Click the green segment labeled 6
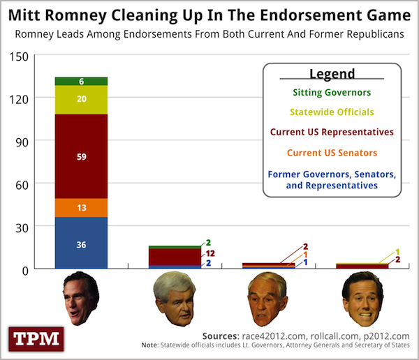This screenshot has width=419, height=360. point(81,81)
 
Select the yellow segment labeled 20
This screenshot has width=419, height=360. point(81,100)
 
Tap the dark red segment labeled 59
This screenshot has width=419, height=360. point(81,156)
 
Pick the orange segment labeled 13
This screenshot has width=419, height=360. point(81,208)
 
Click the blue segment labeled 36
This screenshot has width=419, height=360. point(81,243)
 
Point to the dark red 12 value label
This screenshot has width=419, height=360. point(210,253)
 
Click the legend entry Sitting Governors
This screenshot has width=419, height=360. point(332,92)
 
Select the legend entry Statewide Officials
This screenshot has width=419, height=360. point(332,112)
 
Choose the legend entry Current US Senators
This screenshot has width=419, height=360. point(332,153)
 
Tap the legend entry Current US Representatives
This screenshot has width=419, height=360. point(332,132)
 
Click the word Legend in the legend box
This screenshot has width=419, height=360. point(332,74)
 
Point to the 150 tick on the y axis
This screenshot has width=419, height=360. point(19,57)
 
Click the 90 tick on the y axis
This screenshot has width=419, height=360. point(22,142)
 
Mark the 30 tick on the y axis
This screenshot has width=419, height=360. point(22,228)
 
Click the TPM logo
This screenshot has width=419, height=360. point(36,339)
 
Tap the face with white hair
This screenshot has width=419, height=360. point(175,299)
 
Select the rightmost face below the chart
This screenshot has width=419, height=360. point(363,299)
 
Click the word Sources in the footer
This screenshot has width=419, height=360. point(221,336)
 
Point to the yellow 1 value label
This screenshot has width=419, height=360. point(397,252)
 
